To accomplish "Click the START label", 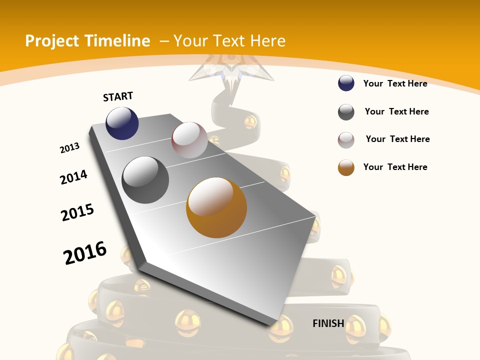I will point(118,96).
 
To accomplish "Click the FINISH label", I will point(328,323).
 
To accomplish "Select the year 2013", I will point(69,148).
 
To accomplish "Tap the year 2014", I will point(74,177).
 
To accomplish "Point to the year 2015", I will point(77,212).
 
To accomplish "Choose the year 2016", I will point(85,253).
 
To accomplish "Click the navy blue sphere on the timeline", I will point(122,123).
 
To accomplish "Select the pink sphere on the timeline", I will point(189,140).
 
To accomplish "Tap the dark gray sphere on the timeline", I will point(145,180).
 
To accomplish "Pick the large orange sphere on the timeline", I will point(216,207).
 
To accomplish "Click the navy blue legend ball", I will point(346,83).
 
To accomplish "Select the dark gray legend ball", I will point(346,112).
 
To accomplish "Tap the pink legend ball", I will point(346,140).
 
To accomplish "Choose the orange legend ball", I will point(346,167).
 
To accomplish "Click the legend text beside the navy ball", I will point(395,83).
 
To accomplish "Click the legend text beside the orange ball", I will point(395,167).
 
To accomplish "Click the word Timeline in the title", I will point(118,41).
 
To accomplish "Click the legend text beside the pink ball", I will point(397,139).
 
